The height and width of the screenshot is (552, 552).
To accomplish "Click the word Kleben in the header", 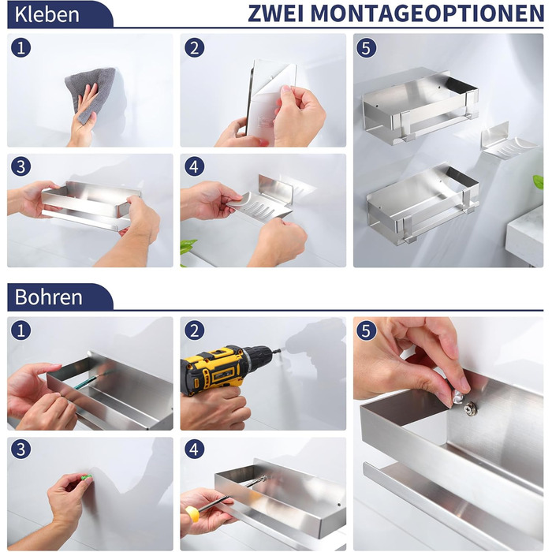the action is (x=47, y=14).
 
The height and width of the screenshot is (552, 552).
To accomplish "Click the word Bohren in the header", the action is (x=49, y=297).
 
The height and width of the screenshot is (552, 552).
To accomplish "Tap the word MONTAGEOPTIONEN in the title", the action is (x=427, y=13).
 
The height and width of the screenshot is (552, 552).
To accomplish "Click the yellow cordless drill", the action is (x=222, y=367).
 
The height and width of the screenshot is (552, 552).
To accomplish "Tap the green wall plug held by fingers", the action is (x=86, y=477).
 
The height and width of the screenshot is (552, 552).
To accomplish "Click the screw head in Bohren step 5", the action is (x=470, y=408).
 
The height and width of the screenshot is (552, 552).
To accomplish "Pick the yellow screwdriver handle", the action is (x=192, y=513).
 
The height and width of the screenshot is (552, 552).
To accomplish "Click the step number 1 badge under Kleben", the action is (x=21, y=47).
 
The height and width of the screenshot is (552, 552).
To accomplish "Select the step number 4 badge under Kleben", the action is (x=194, y=166).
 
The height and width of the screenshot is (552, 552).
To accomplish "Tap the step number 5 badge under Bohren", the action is (x=367, y=330).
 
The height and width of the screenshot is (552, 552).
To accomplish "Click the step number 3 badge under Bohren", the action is (x=21, y=449).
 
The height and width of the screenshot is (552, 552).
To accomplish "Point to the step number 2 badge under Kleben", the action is (x=194, y=47).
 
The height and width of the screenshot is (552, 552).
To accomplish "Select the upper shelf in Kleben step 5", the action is (x=420, y=106).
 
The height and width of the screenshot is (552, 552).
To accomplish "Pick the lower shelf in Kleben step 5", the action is (x=423, y=204).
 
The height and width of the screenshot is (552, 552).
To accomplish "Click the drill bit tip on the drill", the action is (x=281, y=350).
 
